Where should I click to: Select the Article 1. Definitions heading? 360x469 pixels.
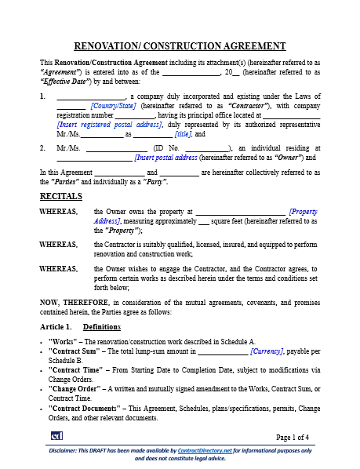(75, 325)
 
